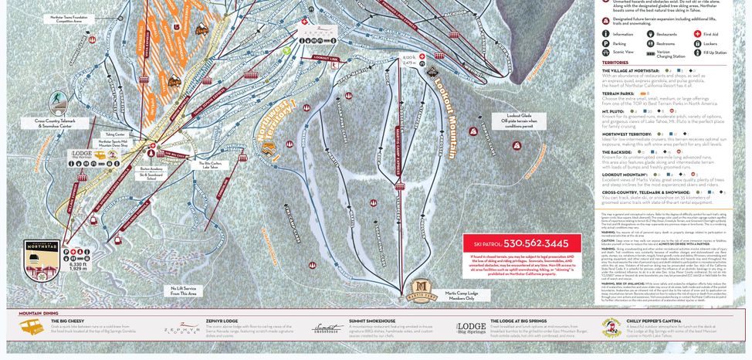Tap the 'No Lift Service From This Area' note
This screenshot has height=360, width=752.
pos(184,290)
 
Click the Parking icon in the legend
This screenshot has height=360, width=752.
pos(606,43)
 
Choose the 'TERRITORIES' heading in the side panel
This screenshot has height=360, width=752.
pos(615,63)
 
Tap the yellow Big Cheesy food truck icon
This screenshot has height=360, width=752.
pos(32,328)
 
